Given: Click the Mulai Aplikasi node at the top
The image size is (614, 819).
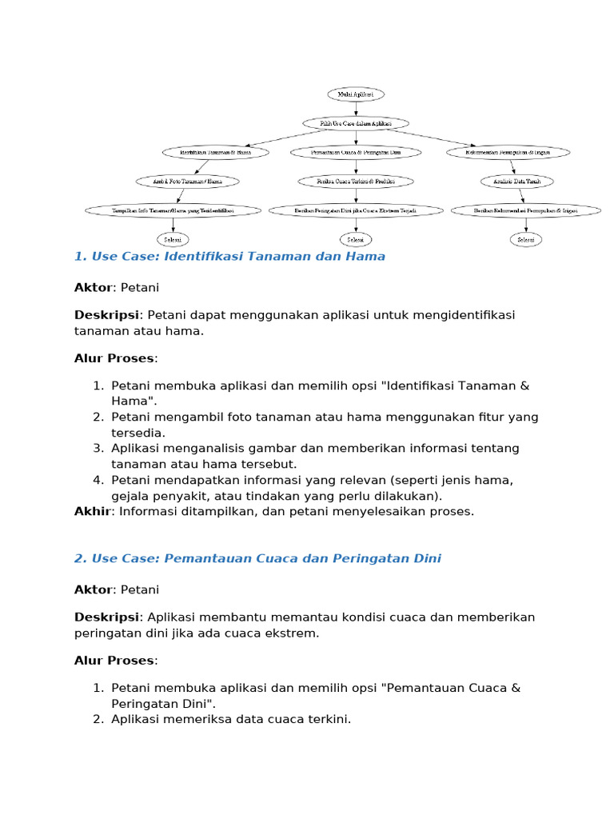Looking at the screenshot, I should point(356,94).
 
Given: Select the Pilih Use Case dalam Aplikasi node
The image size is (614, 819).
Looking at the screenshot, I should point(356,123).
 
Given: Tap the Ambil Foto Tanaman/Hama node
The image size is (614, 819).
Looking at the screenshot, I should point(187,182).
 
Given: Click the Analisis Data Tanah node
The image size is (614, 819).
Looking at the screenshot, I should point(516,182).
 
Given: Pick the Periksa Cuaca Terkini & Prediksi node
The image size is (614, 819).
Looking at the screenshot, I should point(355,182).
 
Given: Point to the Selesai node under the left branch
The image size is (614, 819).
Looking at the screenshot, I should point(173,239).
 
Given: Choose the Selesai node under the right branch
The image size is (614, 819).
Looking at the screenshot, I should point(525,239).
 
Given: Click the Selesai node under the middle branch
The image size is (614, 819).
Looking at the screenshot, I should point(355,239).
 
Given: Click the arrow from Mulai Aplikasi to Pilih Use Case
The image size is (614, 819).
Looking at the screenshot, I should point(356,109).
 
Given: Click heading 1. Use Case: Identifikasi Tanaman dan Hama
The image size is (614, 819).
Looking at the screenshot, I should point(229,257).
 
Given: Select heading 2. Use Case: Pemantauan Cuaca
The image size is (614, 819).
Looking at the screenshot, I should point(257,558).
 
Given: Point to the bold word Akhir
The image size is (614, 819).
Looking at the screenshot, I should point(93,511).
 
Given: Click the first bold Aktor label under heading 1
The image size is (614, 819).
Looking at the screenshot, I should point(92,287).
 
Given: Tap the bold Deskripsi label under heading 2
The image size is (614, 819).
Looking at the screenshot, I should point(106,617).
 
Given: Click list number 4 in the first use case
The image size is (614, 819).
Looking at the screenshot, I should point(98,480).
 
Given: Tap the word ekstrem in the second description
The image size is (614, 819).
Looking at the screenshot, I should point(293,633).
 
